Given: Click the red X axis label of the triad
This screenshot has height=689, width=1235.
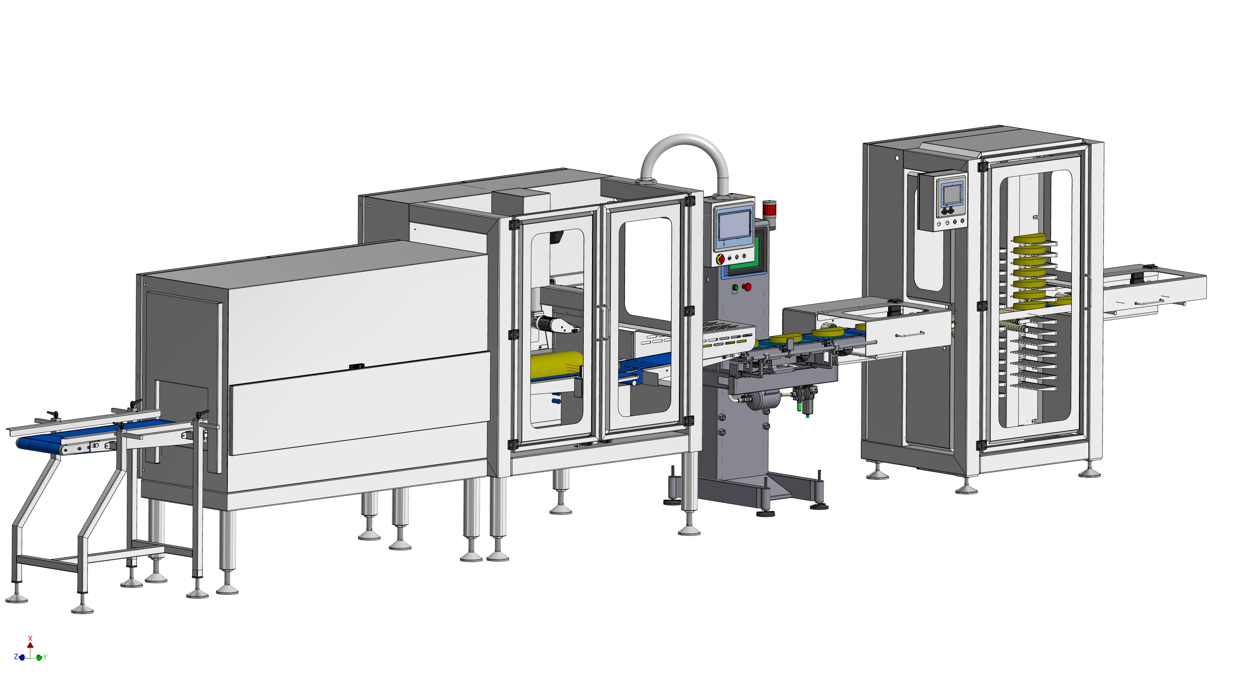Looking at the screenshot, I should [x=30, y=638].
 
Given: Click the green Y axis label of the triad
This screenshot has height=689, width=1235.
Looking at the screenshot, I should [x=45, y=657].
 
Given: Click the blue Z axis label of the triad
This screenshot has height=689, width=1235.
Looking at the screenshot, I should [x=16, y=656].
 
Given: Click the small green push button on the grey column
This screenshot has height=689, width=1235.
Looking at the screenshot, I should [x=734, y=288].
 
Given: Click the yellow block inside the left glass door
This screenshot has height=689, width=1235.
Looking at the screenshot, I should [x=556, y=364].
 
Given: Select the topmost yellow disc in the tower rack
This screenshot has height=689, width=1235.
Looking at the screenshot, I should [x=1029, y=238].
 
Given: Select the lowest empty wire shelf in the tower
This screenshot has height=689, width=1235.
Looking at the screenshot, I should [x=1033, y=385].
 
